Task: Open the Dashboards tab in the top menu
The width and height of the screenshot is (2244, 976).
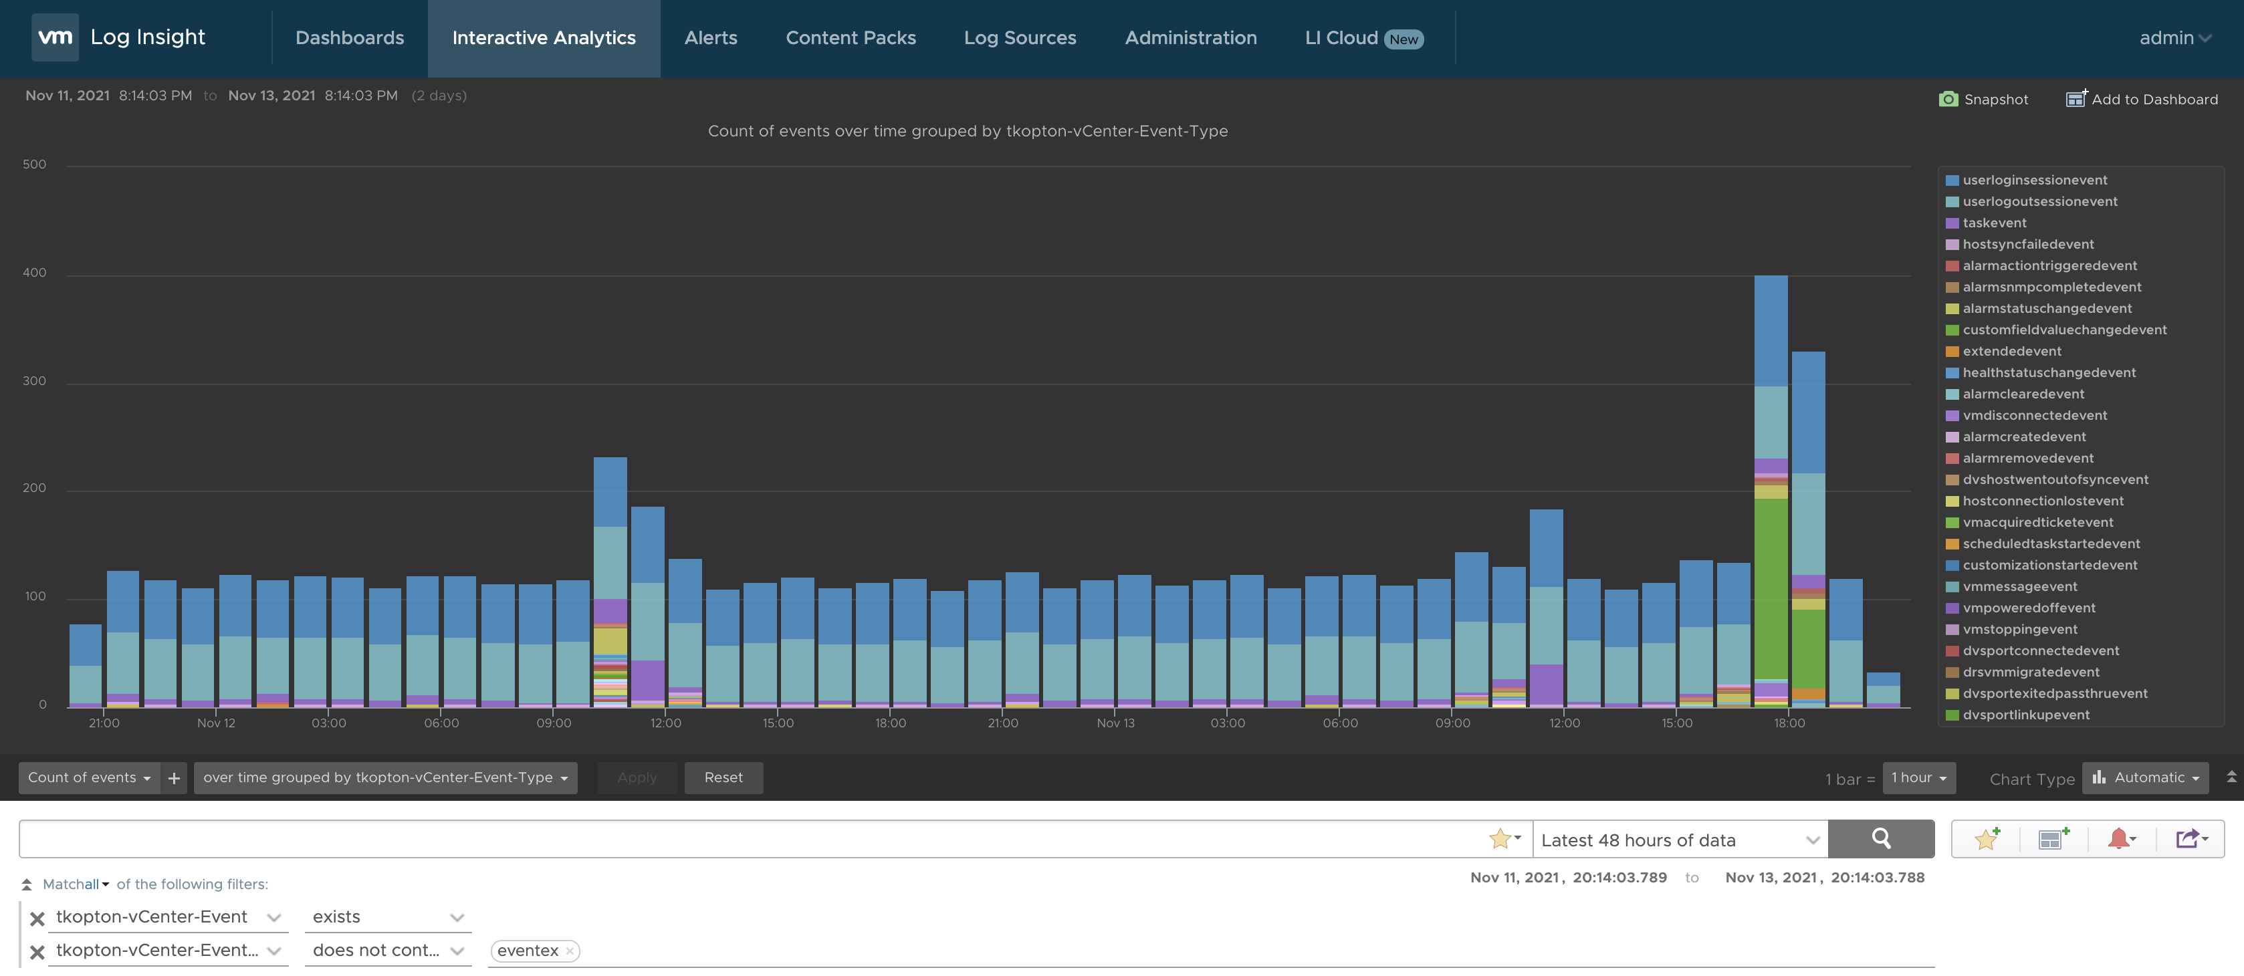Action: (349, 38)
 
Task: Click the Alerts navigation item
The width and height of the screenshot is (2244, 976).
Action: (710, 38)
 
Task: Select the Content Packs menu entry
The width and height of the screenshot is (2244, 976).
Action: (851, 38)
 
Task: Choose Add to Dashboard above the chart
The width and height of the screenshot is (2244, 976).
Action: (2142, 99)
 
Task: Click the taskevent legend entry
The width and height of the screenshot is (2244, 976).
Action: (1993, 223)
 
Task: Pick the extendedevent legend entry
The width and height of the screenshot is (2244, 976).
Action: (2011, 351)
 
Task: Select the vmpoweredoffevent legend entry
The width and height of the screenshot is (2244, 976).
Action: (2028, 608)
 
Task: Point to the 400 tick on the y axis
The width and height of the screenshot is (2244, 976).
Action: (34, 273)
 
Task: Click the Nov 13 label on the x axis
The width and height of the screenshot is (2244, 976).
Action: (1115, 723)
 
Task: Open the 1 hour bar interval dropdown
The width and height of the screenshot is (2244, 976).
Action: (1918, 777)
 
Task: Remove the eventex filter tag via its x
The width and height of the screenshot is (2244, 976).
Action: (570, 951)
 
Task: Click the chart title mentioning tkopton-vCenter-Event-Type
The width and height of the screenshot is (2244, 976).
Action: (967, 132)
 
